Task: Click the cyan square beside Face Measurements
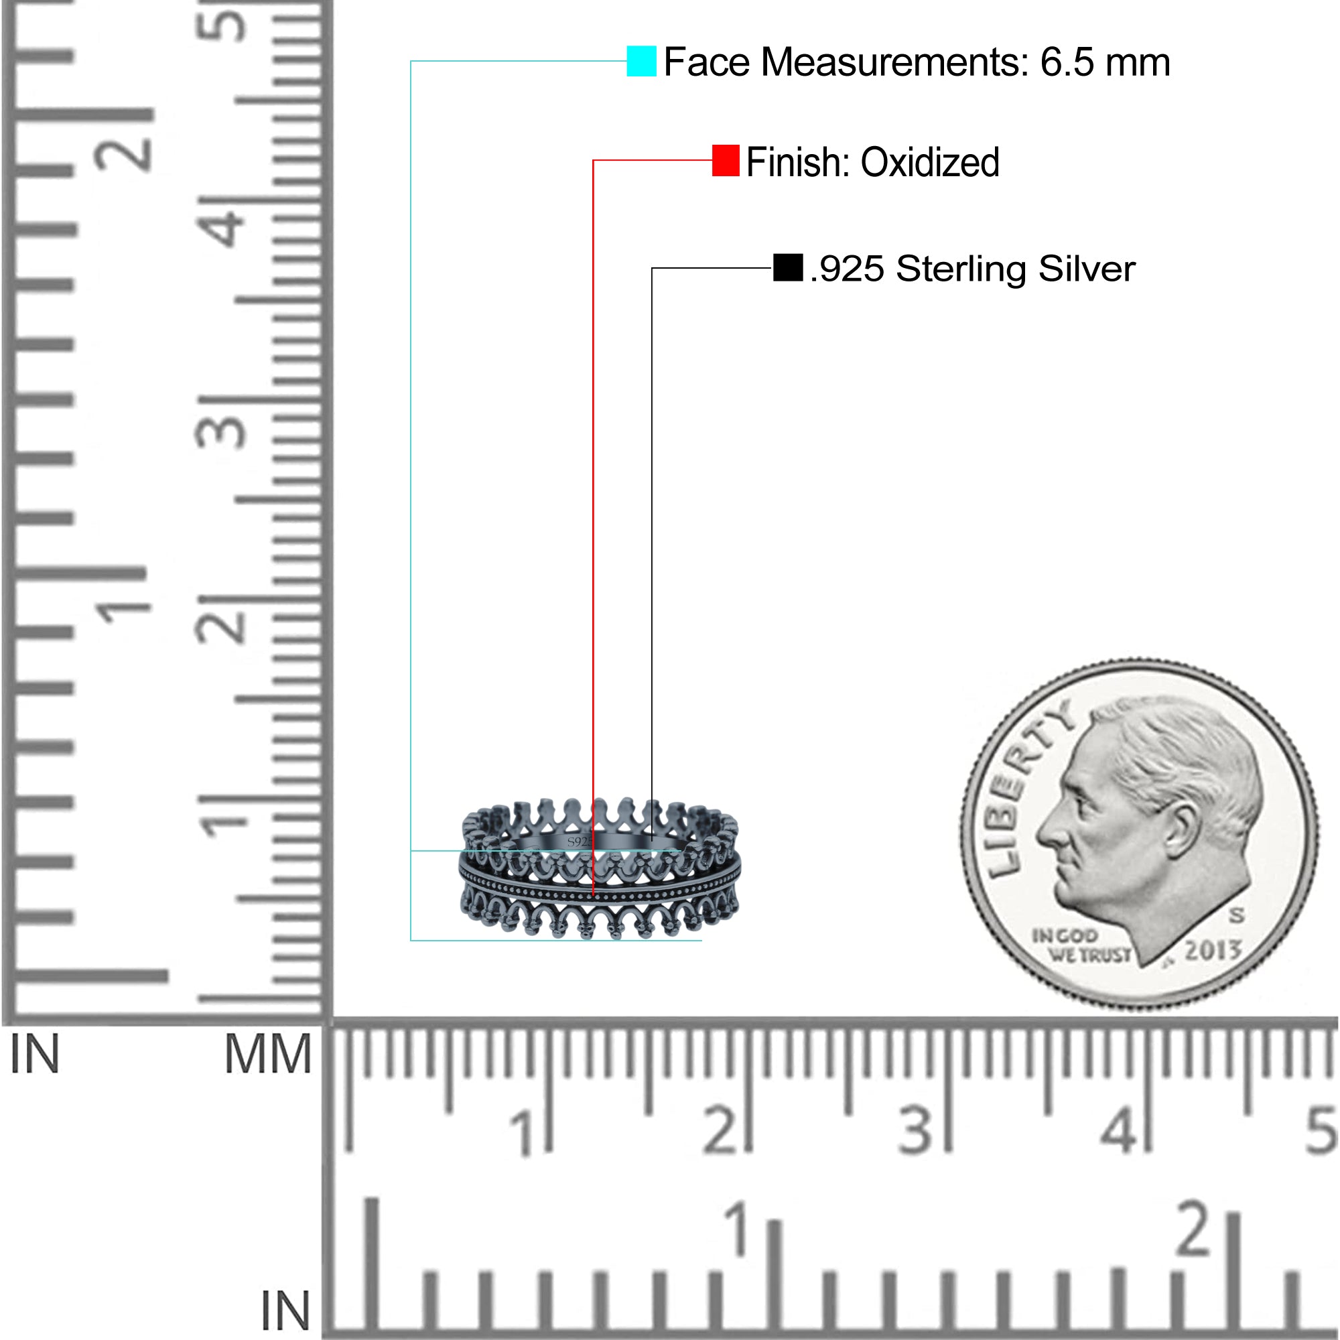tap(641, 61)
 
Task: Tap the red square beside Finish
tap(726, 160)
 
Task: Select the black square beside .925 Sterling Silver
tap(788, 267)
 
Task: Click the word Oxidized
tap(930, 162)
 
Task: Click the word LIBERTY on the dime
tap(1026, 788)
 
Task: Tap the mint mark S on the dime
tap(1237, 915)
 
